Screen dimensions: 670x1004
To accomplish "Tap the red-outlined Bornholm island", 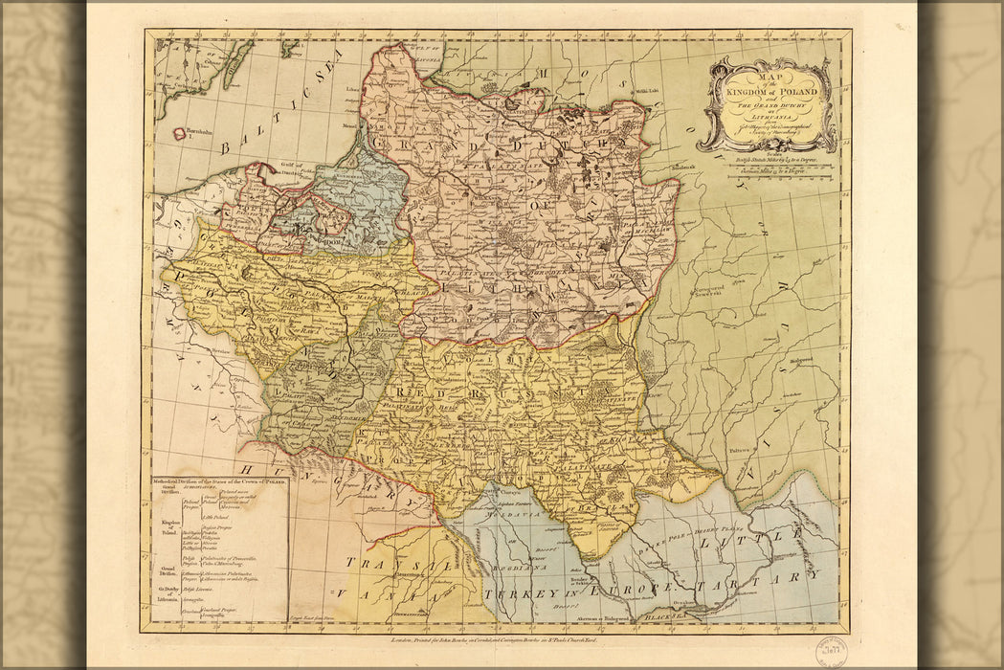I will tap(179, 134).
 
